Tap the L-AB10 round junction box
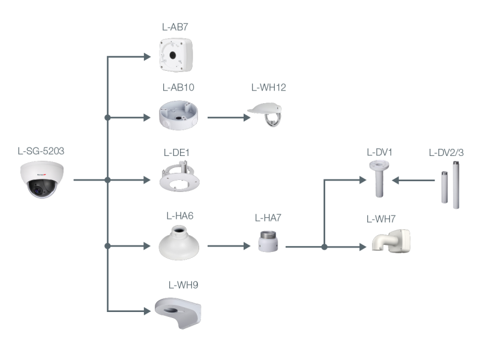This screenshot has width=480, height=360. click(180, 115)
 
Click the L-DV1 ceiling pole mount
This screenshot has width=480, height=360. click(379, 179)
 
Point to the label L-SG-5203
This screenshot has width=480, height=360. click(41, 151)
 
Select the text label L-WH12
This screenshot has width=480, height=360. click(268, 88)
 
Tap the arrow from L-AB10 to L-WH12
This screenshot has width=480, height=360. click(229, 118)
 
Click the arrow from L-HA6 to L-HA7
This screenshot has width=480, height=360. click(229, 245)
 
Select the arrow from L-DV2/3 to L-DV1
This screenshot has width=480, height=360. click(418, 180)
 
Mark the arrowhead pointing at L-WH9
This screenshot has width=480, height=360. click(146, 311)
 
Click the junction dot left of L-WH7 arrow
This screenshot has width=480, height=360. click(324, 246)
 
